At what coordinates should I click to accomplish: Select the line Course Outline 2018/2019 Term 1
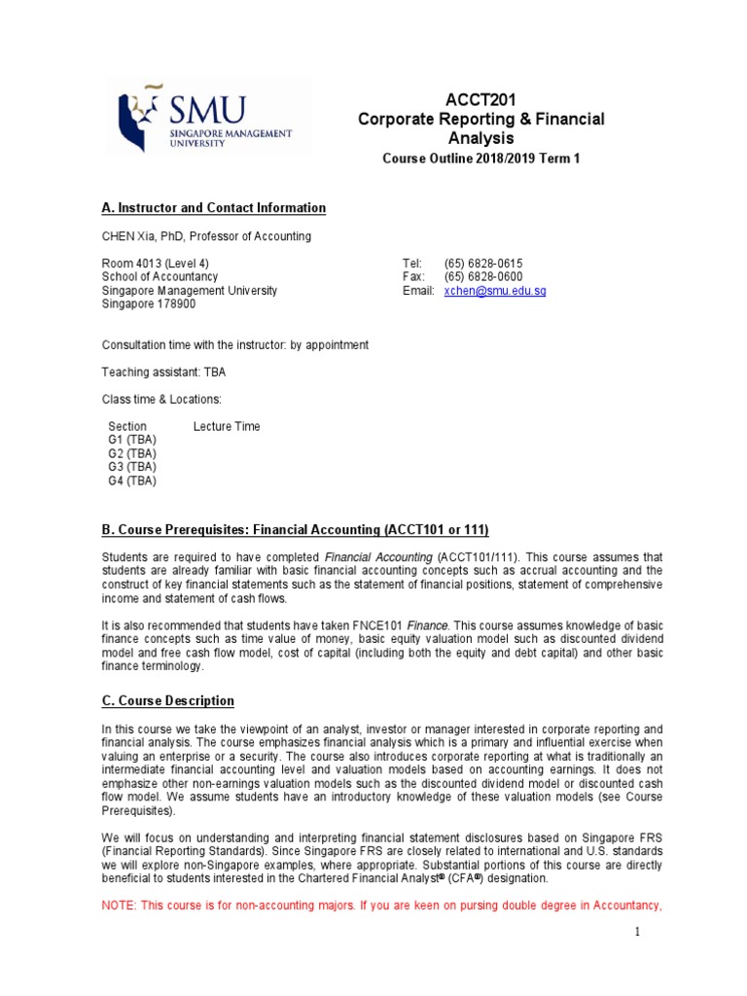tap(480, 159)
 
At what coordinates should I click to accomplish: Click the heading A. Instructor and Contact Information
tap(214, 208)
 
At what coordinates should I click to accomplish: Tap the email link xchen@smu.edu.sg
tap(495, 291)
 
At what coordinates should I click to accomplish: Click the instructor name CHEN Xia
tap(129, 236)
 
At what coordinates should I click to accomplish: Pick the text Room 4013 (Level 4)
tap(156, 264)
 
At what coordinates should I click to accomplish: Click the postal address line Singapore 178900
tap(149, 304)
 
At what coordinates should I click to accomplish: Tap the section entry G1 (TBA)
tap(132, 440)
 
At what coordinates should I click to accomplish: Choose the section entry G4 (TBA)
tap(132, 480)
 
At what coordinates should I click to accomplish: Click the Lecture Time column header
tap(227, 426)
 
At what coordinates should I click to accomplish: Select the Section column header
tap(127, 426)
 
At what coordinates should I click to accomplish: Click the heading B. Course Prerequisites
tap(296, 529)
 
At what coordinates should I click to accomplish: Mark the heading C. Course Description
tap(168, 700)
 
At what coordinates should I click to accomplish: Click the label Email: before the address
tap(418, 291)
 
